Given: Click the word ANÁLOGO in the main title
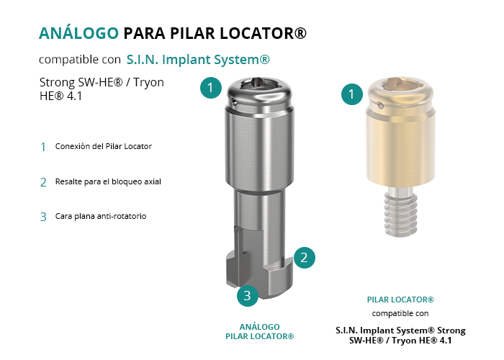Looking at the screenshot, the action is pyautogui.click(x=78, y=33).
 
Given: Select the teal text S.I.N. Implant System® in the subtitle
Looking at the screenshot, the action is pyautogui.click(x=198, y=60).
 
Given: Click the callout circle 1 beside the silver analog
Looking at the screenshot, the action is pyautogui.click(x=211, y=87).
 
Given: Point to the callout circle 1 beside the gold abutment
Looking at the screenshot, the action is pyautogui.click(x=352, y=94).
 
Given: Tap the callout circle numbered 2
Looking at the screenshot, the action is pyautogui.click(x=304, y=258).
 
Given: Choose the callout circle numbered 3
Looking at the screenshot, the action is pyautogui.click(x=248, y=295).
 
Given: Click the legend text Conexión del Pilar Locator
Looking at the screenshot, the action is pyautogui.click(x=104, y=146).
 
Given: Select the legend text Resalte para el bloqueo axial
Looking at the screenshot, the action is pyautogui.click(x=108, y=181).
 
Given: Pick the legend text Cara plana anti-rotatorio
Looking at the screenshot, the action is pyautogui.click(x=101, y=216).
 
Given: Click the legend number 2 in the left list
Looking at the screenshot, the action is pyautogui.click(x=43, y=182).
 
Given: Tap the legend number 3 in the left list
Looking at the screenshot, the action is pyautogui.click(x=43, y=217).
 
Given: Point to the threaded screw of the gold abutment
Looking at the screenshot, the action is pyautogui.click(x=401, y=212).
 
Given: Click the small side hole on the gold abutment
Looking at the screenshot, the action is pyautogui.click(x=380, y=105).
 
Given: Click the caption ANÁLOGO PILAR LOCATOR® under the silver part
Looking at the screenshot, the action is pyautogui.click(x=260, y=331).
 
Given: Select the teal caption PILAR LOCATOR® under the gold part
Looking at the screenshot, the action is pyautogui.click(x=400, y=300).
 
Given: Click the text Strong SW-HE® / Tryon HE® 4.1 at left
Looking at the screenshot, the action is pyautogui.click(x=102, y=89).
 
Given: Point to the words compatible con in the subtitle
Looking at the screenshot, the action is pyautogui.click(x=80, y=60).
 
